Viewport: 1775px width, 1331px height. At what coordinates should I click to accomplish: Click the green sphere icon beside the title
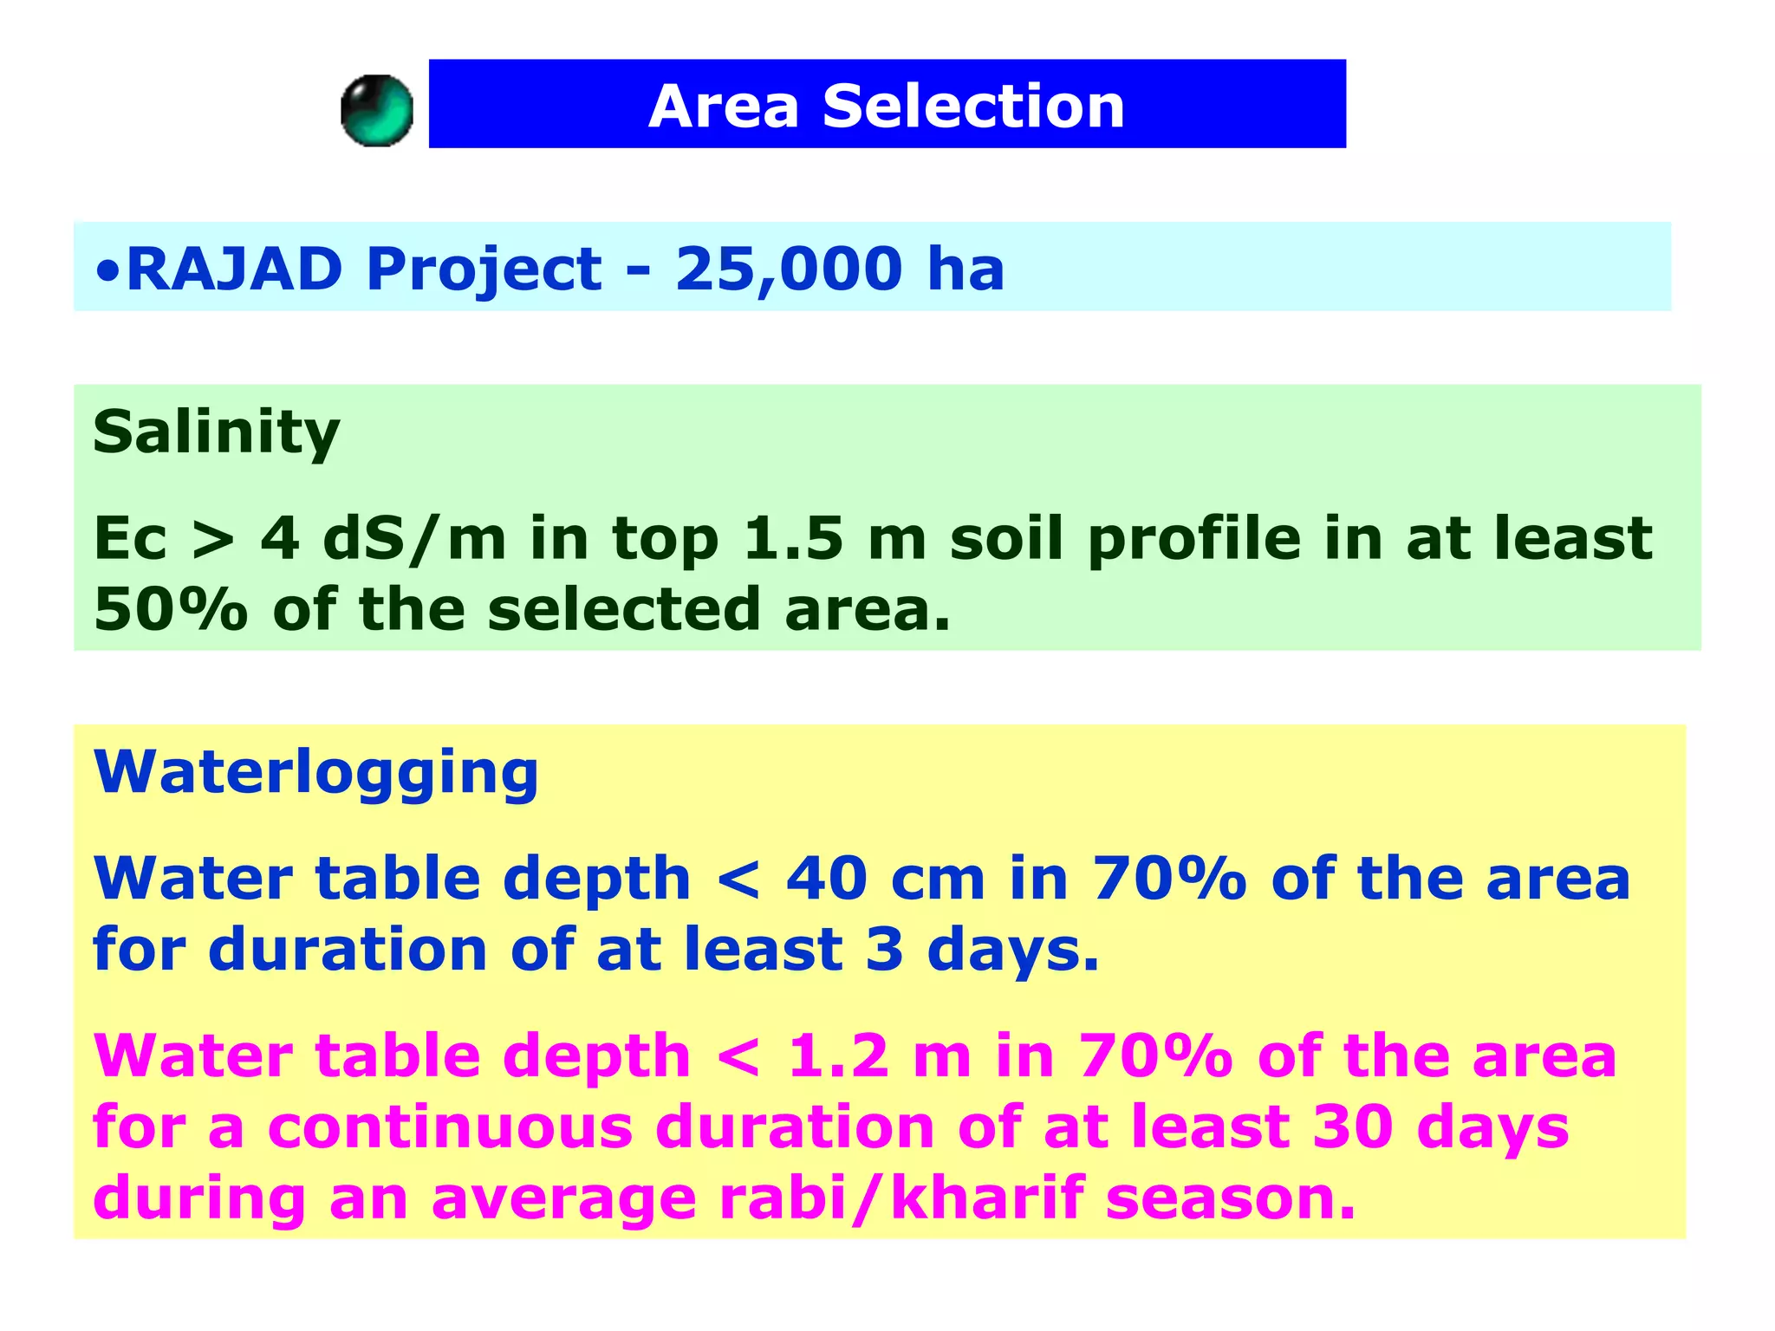click(376, 111)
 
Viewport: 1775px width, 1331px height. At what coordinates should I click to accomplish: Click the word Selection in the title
click(972, 107)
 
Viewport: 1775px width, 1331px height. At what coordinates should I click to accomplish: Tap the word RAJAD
click(235, 269)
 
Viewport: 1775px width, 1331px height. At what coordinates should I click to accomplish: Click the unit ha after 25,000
click(965, 269)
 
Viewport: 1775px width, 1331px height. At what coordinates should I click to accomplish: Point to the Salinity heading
click(216, 432)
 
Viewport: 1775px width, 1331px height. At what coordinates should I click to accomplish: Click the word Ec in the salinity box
click(130, 539)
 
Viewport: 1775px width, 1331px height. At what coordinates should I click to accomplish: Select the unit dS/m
click(413, 539)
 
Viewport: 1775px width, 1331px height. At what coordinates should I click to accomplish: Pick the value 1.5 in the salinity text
click(793, 539)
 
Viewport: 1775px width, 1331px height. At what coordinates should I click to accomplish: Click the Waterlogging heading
click(315, 772)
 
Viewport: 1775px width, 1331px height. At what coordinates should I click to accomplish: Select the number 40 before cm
click(826, 879)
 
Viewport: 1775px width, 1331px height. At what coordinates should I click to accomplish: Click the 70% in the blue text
click(1168, 879)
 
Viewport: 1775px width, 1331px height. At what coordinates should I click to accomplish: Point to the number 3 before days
click(884, 950)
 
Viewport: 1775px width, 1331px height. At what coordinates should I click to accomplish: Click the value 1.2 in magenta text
click(837, 1056)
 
